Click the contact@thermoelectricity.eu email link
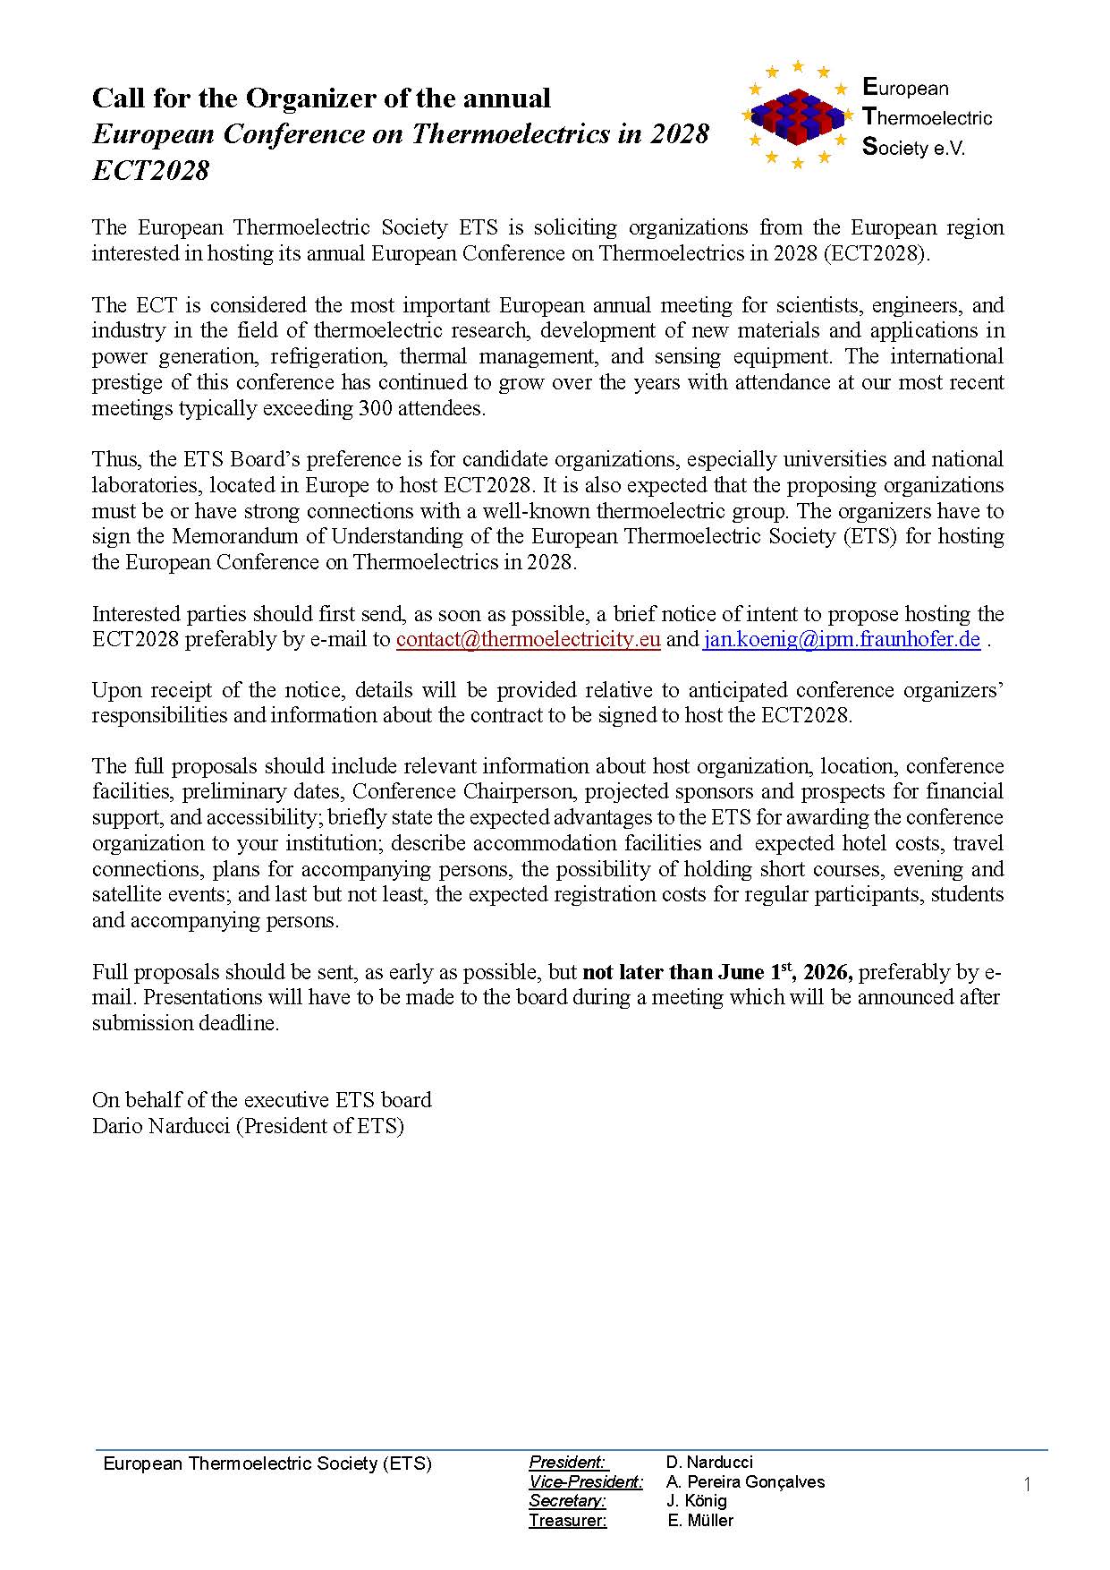pyautogui.click(x=528, y=640)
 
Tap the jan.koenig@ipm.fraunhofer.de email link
pyautogui.click(x=841, y=640)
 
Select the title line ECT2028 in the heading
pyautogui.click(x=150, y=170)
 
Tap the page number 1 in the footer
pyautogui.click(x=1027, y=1485)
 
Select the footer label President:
pyautogui.click(x=568, y=1463)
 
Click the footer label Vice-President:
pyautogui.click(x=586, y=1482)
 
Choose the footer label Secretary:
pyautogui.click(x=567, y=1501)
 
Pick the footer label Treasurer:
pyautogui.click(x=567, y=1521)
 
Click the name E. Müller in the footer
pyautogui.click(x=700, y=1521)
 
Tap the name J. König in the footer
pyautogui.click(x=697, y=1501)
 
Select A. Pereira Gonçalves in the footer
pyautogui.click(x=745, y=1482)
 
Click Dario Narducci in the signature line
pyautogui.click(x=161, y=1126)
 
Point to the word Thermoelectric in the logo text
pyautogui.click(x=928, y=117)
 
